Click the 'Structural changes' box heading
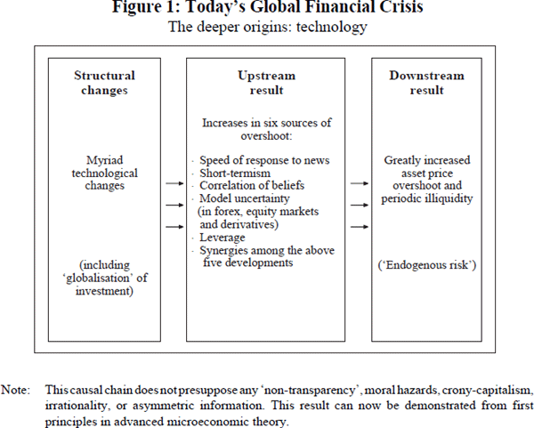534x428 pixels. click(103, 83)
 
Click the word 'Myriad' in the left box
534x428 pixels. click(103, 161)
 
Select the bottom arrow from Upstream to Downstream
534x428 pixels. click(360, 226)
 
